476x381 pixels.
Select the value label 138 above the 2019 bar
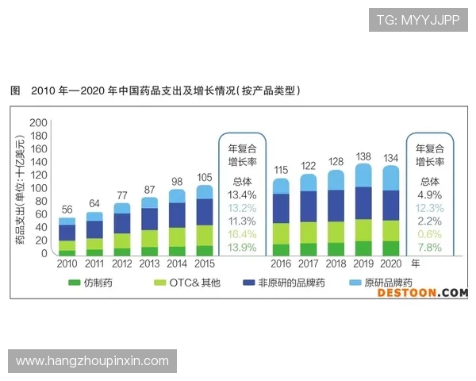click(363, 157)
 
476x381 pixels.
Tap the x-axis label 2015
click(205, 263)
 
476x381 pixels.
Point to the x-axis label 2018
click(336, 263)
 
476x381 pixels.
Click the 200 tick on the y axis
click(38, 123)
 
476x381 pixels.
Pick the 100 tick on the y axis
click(38, 188)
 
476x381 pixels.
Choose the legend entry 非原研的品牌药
click(290, 283)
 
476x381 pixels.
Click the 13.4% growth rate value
click(242, 194)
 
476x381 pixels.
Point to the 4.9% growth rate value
click(431, 194)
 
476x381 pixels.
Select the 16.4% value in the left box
click(242, 235)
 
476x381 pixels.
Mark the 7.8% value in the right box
click(431, 248)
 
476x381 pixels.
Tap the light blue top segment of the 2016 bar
click(280, 186)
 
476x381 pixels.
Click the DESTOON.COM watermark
click(422, 293)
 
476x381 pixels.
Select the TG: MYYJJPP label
click(418, 20)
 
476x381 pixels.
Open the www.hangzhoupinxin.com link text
click(92, 360)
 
